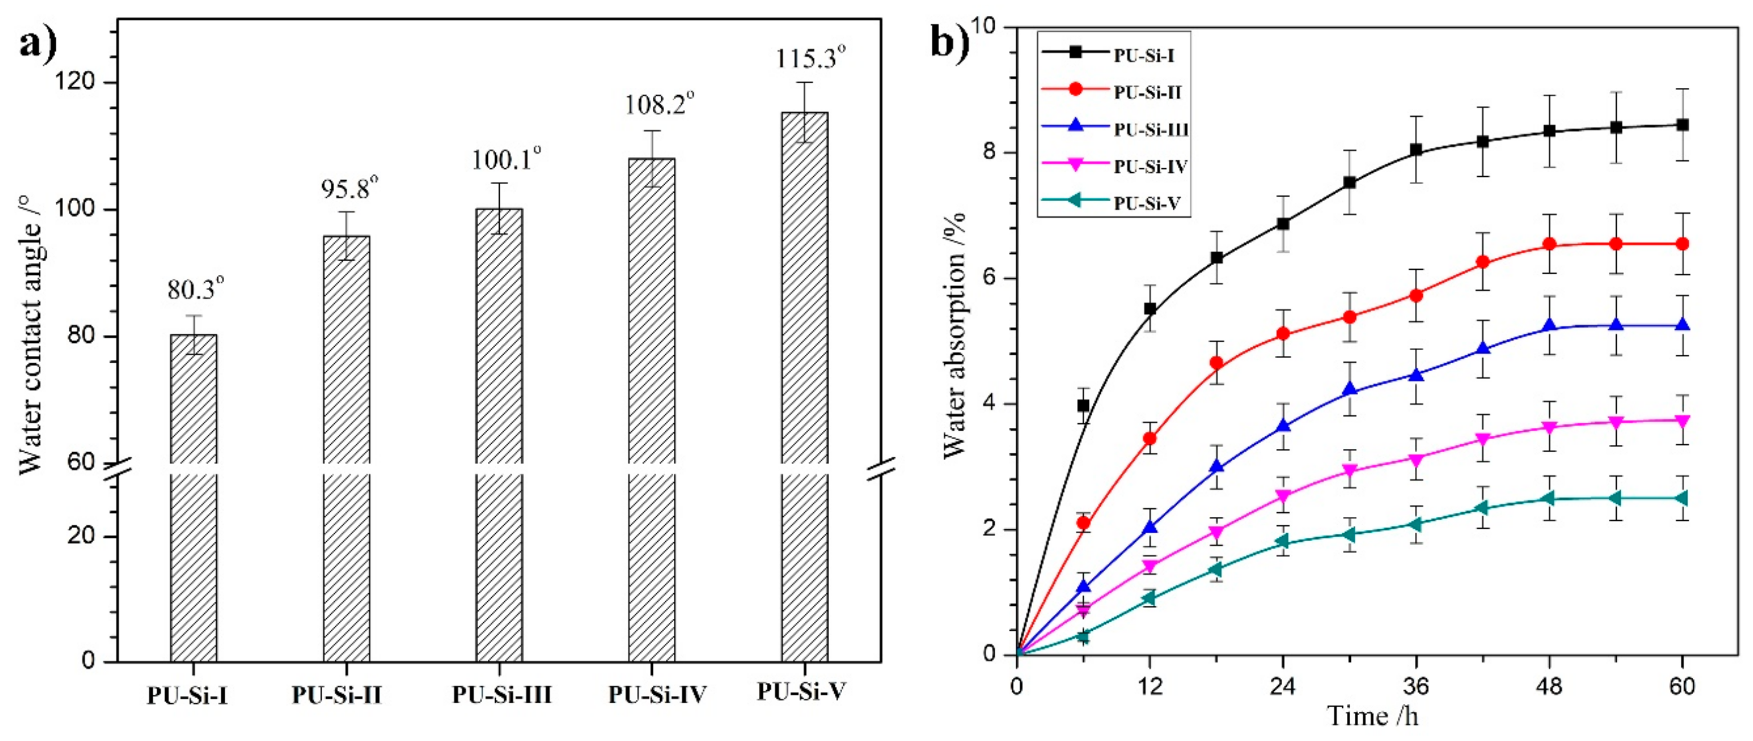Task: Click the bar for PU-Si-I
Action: [x=193, y=497]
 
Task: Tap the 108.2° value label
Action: [x=660, y=105]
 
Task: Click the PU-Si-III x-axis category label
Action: [x=502, y=695]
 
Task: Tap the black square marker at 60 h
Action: [x=1682, y=125]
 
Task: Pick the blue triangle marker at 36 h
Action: [x=1416, y=375]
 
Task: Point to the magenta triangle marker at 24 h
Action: [x=1283, y=497]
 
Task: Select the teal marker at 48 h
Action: [x=1550, y=499]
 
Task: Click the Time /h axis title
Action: [x=1373, y=716]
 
